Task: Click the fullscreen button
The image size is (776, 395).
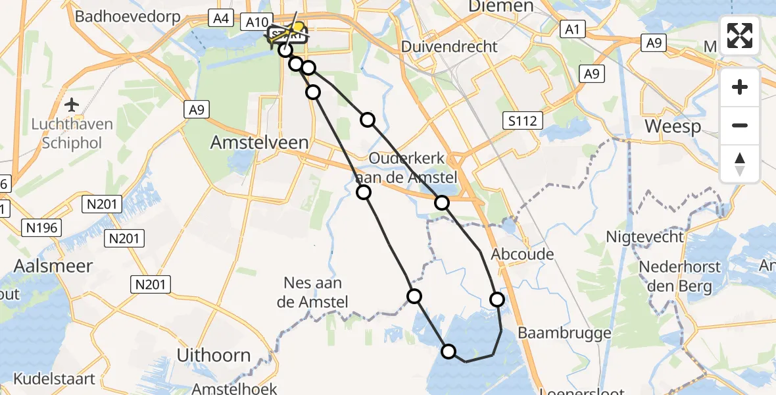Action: [740, 36]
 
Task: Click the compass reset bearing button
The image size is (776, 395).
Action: [740, 164]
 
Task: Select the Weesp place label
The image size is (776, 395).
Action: [673, 126]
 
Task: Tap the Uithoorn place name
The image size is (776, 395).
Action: [214, 355]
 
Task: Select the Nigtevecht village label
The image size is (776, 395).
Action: [645, 236]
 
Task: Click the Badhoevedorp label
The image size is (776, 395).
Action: [128, 16]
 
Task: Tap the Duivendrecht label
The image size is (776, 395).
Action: [449, 47]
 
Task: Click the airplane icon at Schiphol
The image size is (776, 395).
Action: [72, 105]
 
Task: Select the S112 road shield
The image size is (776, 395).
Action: [523, 120]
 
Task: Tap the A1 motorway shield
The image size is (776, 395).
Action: [570, 29]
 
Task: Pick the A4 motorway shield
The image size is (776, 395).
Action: [220, 19]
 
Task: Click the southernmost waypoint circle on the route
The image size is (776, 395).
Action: [449, 352]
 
